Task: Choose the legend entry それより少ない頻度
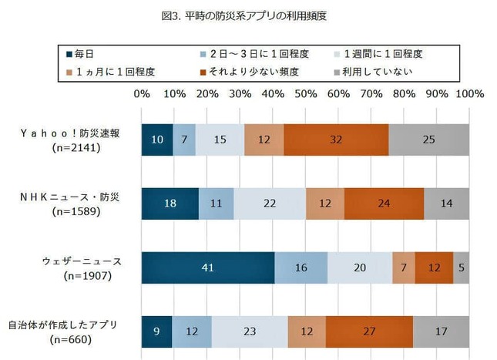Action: pos(250,72)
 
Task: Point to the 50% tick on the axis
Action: pos(305,94)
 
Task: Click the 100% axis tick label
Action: pos(468,94)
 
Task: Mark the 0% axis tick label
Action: pos(142,94)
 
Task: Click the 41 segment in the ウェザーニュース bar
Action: pos(208,267)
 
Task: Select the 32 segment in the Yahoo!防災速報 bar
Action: pos(336,140)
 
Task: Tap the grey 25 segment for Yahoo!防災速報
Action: pos(428,140)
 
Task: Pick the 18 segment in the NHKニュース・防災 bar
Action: pos(170,204)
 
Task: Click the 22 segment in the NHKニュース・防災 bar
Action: pos(270,204)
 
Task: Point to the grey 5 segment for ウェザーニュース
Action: pos(461,267)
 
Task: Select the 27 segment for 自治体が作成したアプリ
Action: pos(369,331)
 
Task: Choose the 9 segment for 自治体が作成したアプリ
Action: pos(156,331)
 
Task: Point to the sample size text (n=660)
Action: pos(72,338)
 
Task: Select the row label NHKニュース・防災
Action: pos(72,197)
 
